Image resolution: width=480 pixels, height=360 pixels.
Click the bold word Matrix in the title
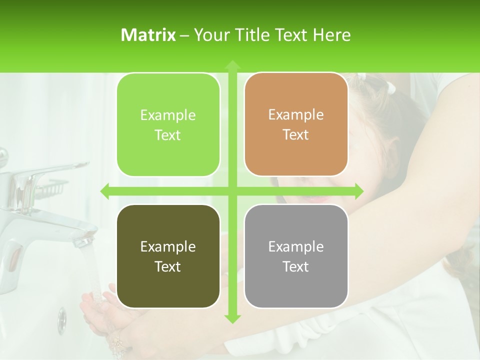coord(148,35)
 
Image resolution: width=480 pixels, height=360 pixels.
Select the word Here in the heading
coord(332,35)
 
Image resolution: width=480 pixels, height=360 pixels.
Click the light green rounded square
coord(168,124)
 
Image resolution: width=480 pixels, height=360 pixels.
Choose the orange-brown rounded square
coord(296,124)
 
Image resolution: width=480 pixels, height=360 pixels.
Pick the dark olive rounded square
coord(168,256)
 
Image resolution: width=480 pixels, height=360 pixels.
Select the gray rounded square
coord(296,256)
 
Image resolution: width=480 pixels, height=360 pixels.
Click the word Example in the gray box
coord(296,246)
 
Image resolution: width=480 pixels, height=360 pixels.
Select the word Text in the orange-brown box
coord(296,135)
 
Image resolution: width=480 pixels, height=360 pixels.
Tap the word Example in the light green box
coord(168,115)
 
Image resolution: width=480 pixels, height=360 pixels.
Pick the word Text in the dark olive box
coord(168,266)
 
